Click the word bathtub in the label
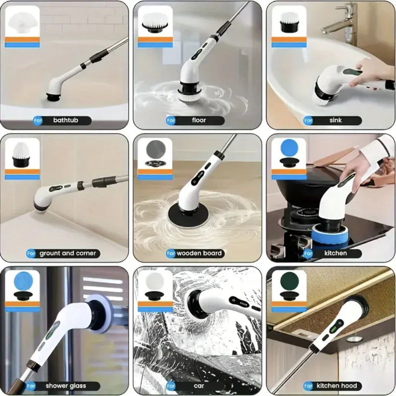pos(65,120)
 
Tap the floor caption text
pos(199,120)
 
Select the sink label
pos(335,120)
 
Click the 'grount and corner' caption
pos(67,253)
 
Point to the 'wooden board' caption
pos(199,253)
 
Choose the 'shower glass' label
pos(66,386)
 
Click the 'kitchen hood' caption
pos(336,386)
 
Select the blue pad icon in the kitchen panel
pos(289,147)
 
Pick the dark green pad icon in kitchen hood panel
pos(289,280)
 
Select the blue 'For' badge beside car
pos(171,386)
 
